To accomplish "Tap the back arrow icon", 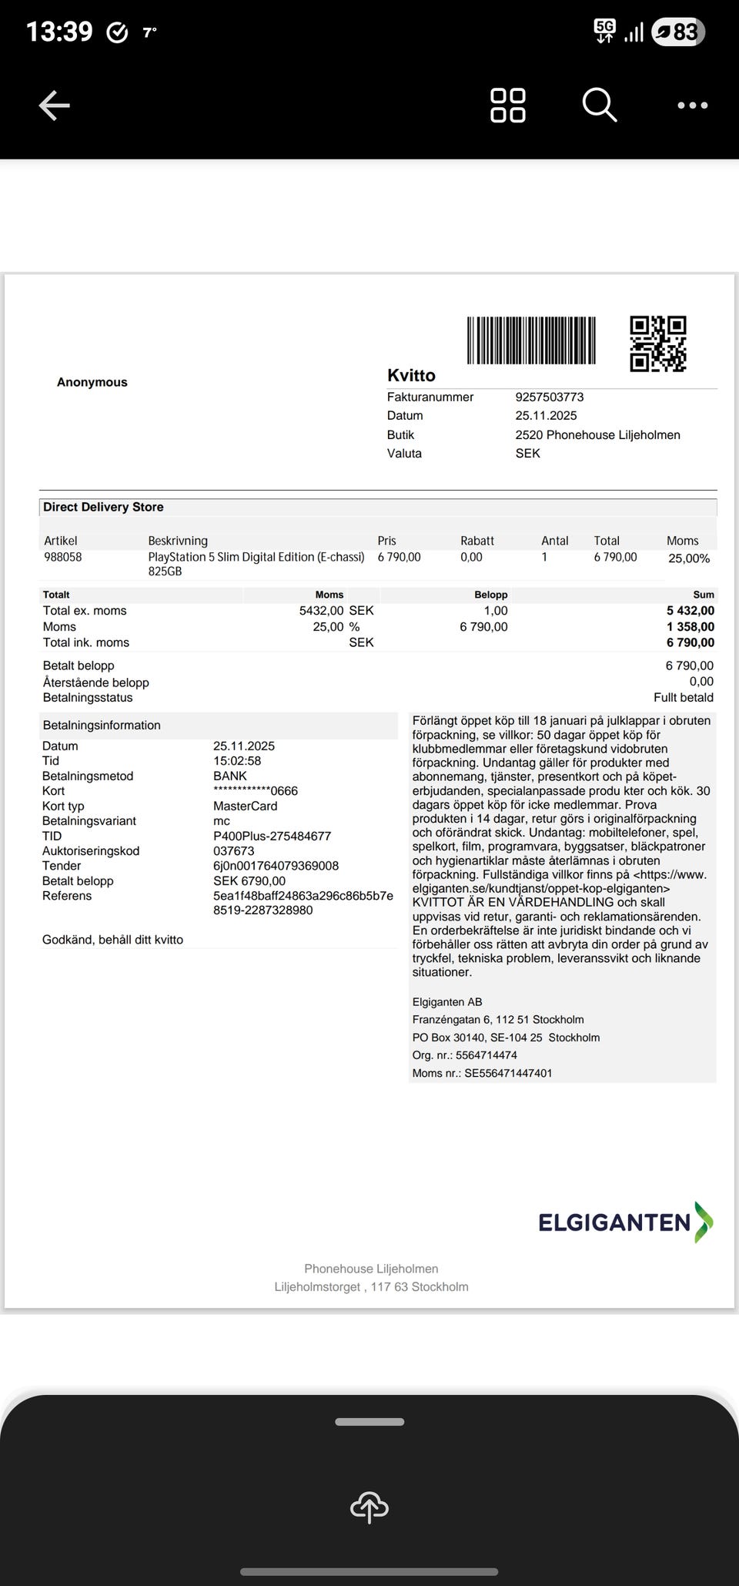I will pyautogui.click(x=55, y=106).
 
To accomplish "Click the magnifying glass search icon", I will pyautogui.click(x=599, y=105).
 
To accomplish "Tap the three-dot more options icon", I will pyautogui.click(x=692, y=106).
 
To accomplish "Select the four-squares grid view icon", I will pyautogui.click(x=508, y=106).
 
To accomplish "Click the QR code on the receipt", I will pyautogui.click(x=658, y=344).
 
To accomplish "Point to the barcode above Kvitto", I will pyautogui.click(x=531, y=340).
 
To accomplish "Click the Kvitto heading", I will pyautogui.click(x=411, y=376).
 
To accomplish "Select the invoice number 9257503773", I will pyautogui.click(x=550, y=397).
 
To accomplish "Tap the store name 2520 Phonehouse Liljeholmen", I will pyautogui.click(x=597, y=435).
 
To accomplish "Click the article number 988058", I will pyautogui.click(x=62, y=557).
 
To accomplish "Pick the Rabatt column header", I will pyautogui.click(x=477, y=541).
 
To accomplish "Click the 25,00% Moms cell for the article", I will pyautogui.click(x=689, y=558).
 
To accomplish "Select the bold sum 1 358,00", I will pyautogui.click(x=691, y=627).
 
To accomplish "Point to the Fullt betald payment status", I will pyautogui.click(x=684, y=698).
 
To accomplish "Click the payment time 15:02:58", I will pyautogui.click(x=237, y=761).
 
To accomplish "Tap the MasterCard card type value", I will pyautogui.click(x=245, y=806).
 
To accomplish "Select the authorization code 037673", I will pyautogui.click(x=233, y=851).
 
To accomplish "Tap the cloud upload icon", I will pyautogui.click(x=369, y=1507).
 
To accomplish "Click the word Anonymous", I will pyautogui.click(x=92, y=382).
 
